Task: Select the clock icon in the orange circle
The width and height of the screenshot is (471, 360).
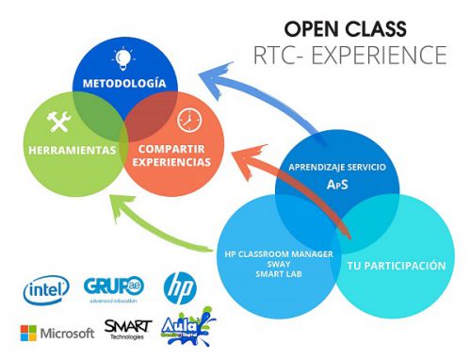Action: click(x=188, y=121)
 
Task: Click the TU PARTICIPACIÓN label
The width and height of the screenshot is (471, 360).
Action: click(x=397, y=266)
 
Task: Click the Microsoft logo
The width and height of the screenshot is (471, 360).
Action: click(x=57, y=333)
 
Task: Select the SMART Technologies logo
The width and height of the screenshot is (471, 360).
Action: click(x=126, y=330)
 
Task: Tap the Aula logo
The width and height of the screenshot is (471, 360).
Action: click(x=188, y=330)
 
